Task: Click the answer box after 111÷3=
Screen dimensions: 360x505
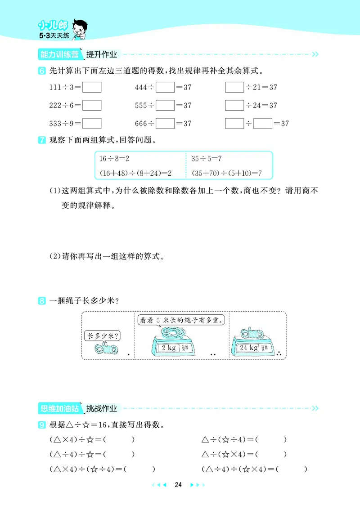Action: coord(92,87)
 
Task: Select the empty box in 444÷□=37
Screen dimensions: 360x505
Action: coord(166,87)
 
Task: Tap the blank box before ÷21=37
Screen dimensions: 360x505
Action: coord(234,87)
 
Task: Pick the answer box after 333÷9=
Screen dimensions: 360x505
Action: coord(92,123)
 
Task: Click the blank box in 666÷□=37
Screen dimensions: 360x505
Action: coord(166,123)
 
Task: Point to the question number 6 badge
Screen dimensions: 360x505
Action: coord(41,71)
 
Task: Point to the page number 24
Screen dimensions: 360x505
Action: coord(178,485)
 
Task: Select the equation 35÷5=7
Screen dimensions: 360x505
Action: coord(207,159)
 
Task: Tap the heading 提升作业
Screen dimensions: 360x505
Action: coord(102,54)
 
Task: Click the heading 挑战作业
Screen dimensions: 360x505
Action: coord(102,408)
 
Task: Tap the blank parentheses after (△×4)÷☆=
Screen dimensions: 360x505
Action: coord(121,439)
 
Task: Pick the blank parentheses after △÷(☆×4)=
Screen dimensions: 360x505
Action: coord(274,454)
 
